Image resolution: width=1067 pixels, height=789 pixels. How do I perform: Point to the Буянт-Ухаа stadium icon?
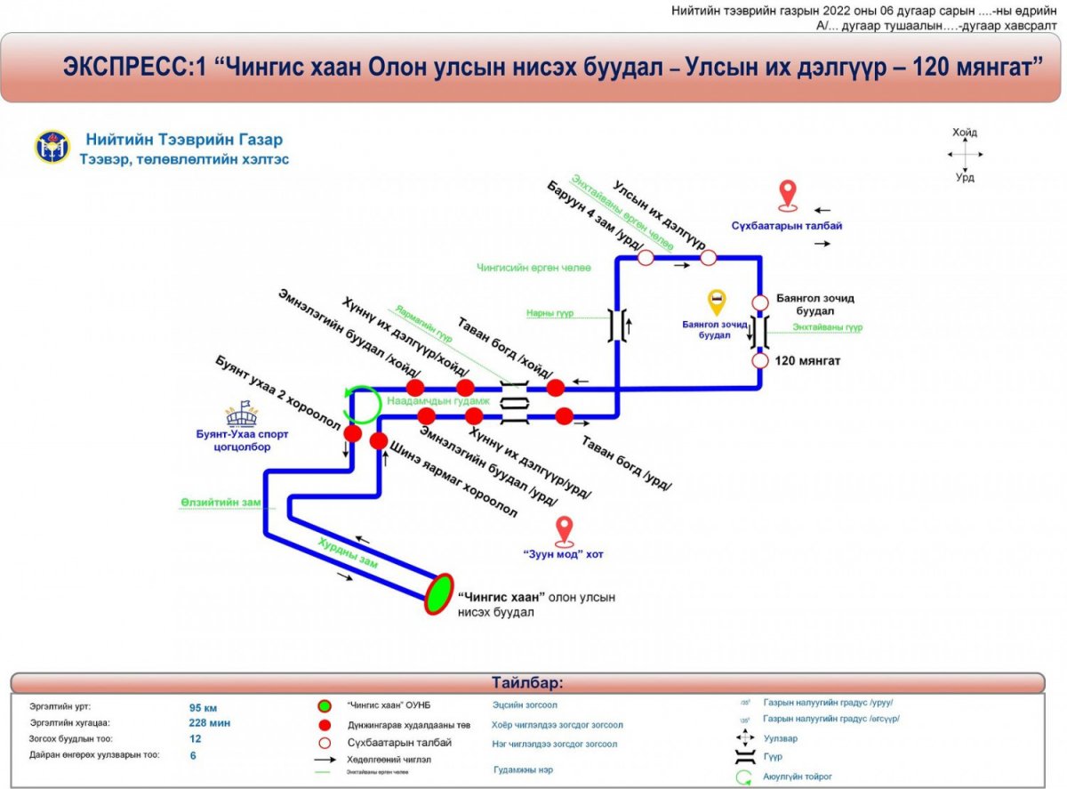pos(241,413)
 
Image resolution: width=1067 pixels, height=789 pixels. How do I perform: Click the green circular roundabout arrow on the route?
pos(363,403)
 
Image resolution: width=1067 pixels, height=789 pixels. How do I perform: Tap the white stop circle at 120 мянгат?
pos(760,361)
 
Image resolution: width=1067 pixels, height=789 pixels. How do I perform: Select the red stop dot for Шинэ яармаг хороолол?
pos(379,441)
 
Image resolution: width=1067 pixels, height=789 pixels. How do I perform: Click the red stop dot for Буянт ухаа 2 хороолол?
pos(353,434)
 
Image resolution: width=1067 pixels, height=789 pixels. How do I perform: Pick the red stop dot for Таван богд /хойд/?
pos(556,388)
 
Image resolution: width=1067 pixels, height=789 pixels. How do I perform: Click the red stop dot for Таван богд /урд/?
pos(564,415)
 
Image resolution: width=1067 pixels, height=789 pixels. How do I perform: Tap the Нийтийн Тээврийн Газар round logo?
pos(52,147)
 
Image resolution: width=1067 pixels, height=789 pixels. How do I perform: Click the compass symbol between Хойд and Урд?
pos(964,155)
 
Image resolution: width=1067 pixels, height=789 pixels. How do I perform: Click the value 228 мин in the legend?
pos(210,723)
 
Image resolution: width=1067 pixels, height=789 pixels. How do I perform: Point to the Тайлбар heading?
pos(527,683)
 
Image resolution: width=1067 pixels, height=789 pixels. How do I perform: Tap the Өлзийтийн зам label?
pos(221,503)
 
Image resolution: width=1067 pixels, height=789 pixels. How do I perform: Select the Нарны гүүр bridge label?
pos(549,313)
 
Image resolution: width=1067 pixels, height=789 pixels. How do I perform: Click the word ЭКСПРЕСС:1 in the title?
pos(132,68)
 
